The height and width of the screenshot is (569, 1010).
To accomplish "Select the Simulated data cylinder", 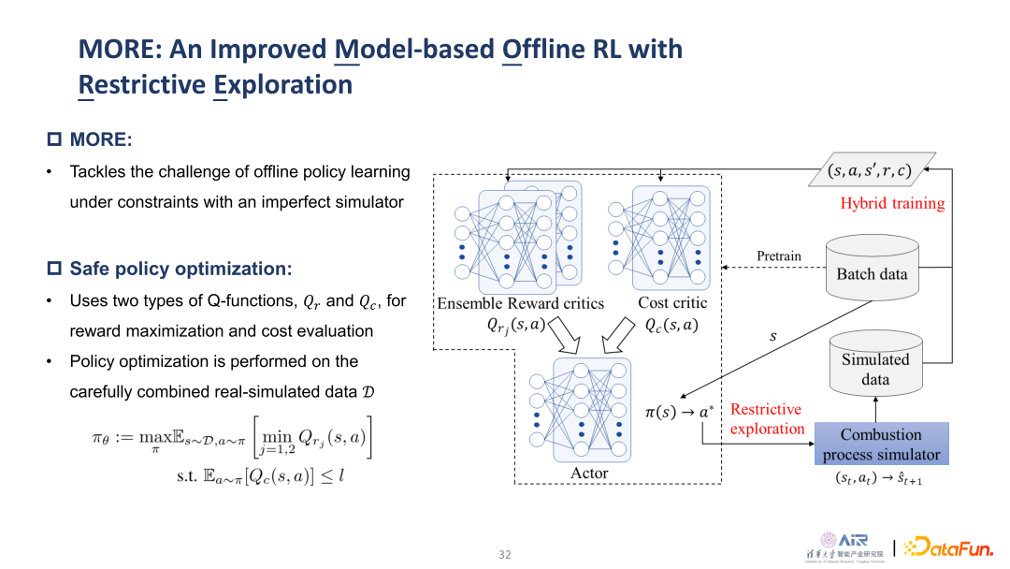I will (875, 368).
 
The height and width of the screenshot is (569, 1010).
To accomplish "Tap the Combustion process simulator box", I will (881, 445).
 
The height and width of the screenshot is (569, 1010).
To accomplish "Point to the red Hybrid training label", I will (892, 203).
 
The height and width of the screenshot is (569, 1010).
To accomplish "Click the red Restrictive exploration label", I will (766, 419).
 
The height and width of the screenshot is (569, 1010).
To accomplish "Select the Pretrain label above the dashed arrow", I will (779, 256).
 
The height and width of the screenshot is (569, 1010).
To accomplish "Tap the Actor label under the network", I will (589, 474).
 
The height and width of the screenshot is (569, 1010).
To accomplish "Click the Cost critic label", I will (672, 303).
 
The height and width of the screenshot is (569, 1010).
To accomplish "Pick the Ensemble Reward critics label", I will (520, 303).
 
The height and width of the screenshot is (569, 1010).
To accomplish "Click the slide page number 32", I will (505, 554).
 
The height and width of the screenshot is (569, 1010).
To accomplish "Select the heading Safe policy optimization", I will (180, 270).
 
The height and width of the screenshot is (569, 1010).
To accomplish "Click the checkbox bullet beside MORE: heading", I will (53, 140).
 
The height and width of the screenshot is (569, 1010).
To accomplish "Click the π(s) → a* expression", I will (679, 411).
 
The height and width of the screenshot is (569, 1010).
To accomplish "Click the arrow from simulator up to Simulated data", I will (875, 409).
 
